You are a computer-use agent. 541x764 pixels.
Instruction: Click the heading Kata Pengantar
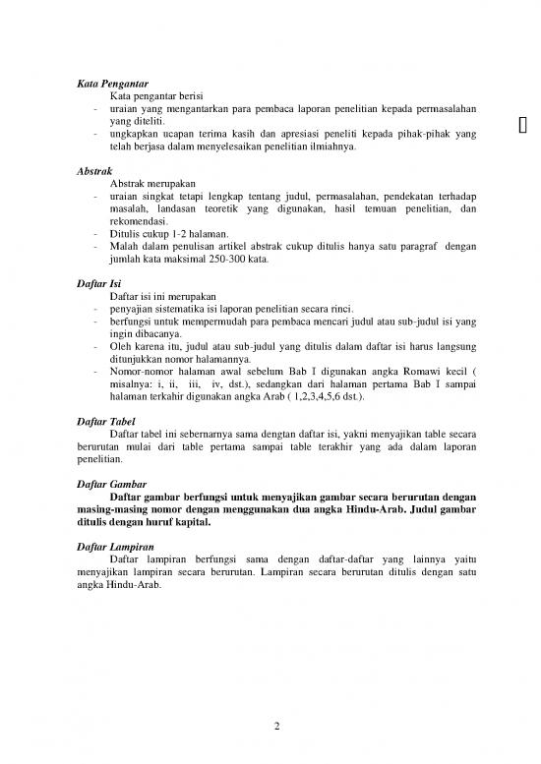(x=112, y=84)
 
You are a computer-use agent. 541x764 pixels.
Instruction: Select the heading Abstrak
(x=94, y=170)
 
